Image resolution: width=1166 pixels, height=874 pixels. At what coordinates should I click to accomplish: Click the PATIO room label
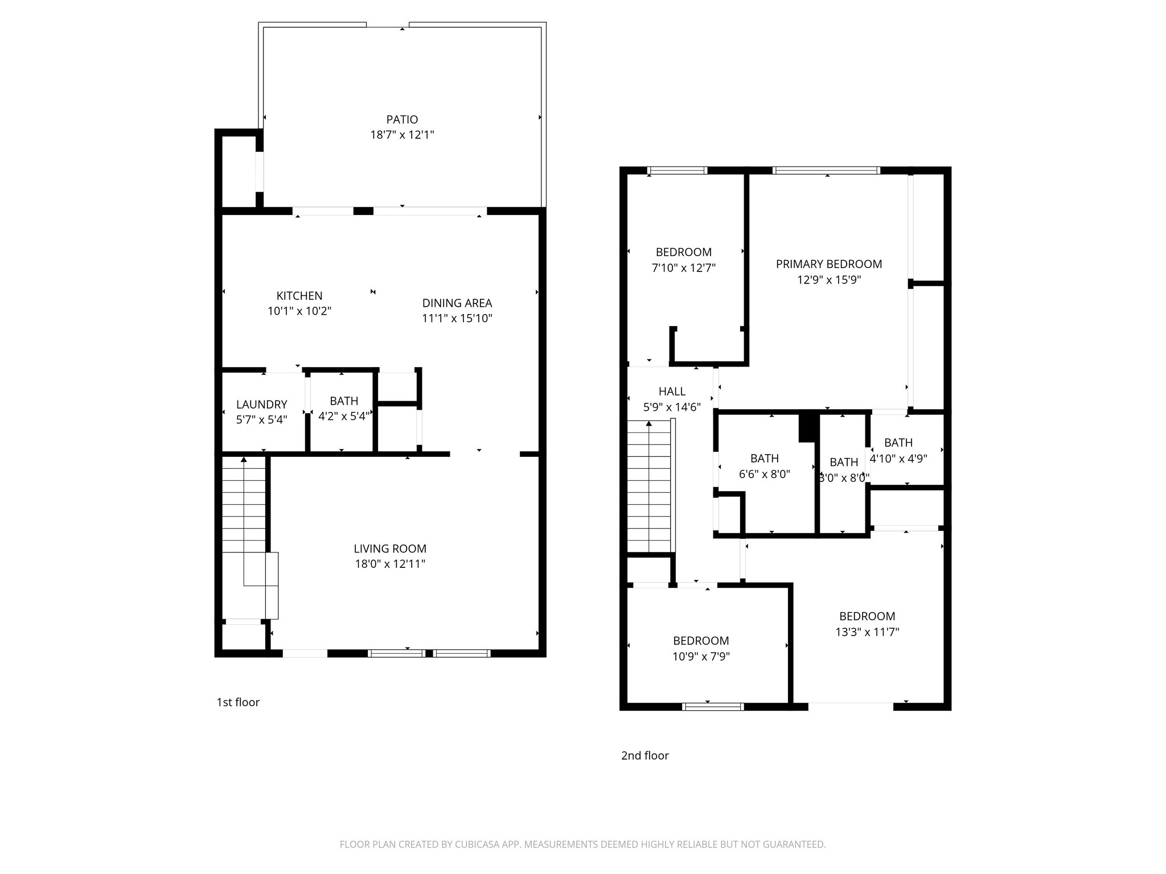coord(402,119)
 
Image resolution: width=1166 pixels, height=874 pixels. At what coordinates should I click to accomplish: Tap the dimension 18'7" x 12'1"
coord(402,135)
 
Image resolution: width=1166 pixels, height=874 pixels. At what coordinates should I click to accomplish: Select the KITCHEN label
coord(299,296)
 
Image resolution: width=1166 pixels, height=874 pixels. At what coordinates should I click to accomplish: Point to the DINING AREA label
coord(457,303)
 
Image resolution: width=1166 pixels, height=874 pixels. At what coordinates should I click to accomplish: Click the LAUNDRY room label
coord(261,405)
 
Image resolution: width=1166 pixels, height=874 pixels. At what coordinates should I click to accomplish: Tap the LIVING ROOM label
coord(390,549)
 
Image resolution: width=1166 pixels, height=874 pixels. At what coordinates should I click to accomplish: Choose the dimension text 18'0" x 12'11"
coord(390,564)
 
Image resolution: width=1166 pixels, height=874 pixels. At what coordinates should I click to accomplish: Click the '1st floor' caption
coord(238,702)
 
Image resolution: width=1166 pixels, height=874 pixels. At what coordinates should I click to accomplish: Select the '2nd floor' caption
coord(644,756)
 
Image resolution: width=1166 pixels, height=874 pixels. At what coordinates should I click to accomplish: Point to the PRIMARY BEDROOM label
coord(828,264)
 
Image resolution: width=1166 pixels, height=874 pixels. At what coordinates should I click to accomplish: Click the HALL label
coord(672,391)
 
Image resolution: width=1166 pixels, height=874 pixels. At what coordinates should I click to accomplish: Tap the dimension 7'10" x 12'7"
coord(683,267)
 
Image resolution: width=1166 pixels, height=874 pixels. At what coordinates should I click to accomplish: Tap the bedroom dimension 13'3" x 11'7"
coord(867,632)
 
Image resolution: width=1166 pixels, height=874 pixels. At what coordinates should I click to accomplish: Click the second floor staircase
coord(649,487)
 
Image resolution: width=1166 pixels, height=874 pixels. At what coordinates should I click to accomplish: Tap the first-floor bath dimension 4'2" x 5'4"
coord(344,417)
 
